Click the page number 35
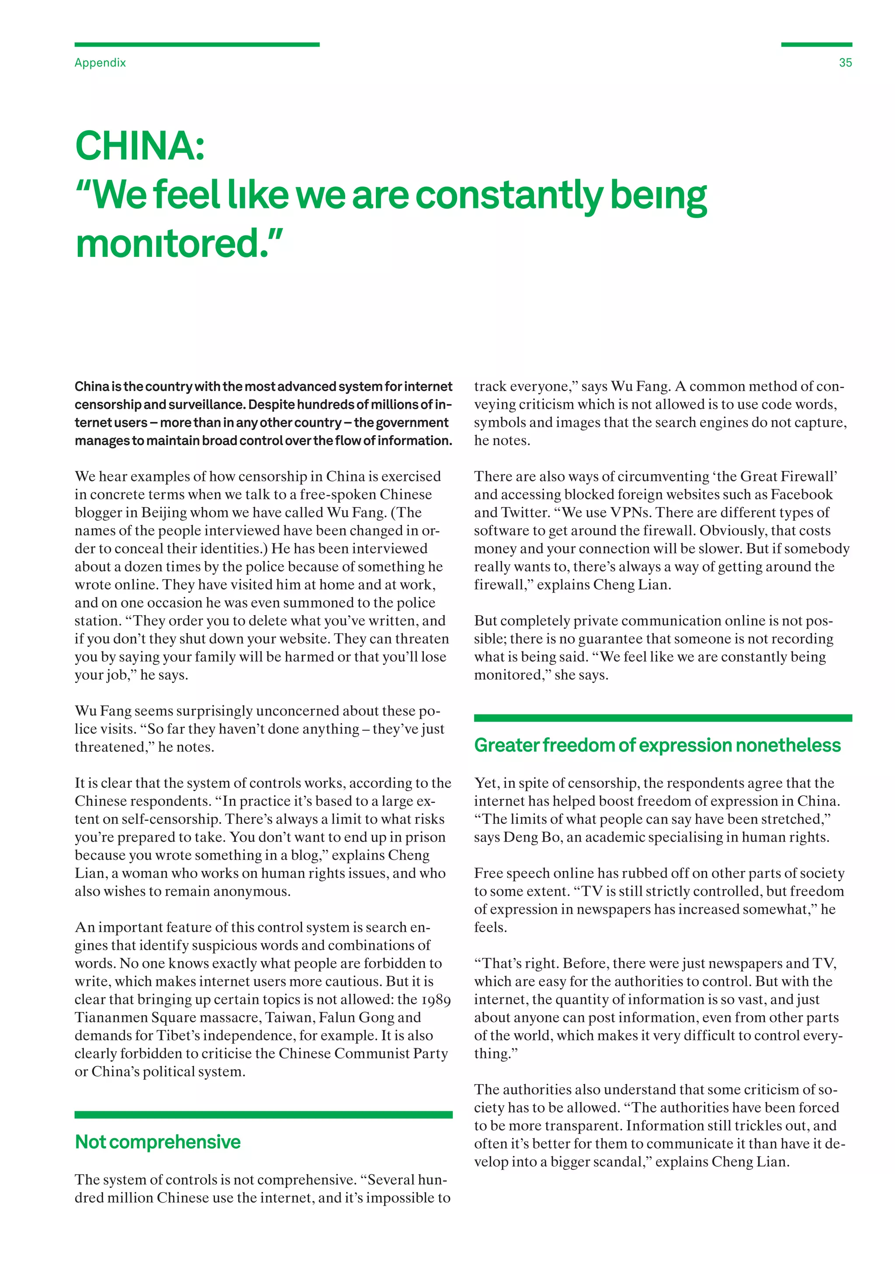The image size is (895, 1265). click(845, 63)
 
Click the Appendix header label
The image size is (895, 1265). click(101, 63)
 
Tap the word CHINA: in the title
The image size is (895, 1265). click(140, 147)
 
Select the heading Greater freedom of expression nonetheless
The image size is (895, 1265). click(657, 746)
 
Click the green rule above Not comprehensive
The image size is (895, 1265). click(264, 1115)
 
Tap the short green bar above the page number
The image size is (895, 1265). click(816, 45)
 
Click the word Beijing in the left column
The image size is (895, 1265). click(164, 512)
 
